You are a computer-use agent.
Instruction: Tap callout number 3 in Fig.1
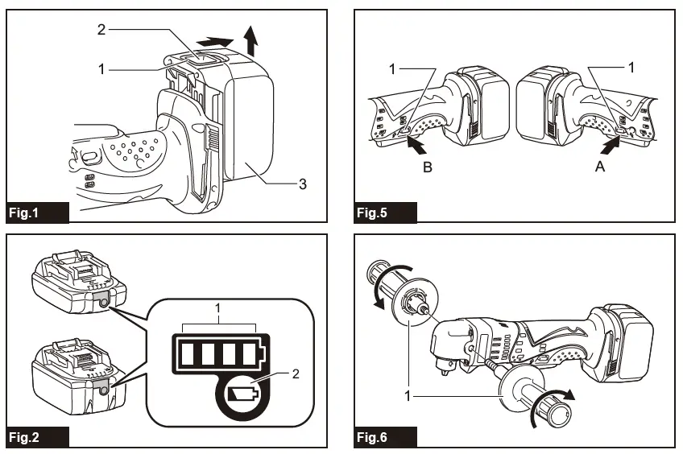click(302, 184)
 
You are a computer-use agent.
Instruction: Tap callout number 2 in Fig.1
click(101, 30)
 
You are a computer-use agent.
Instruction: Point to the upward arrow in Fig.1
click(251, 37)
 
